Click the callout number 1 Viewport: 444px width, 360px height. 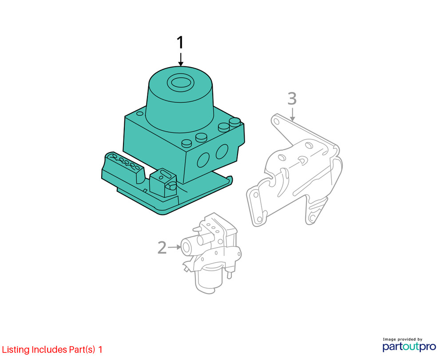tap(180, 43)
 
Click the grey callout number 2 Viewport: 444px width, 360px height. tap(162, 248)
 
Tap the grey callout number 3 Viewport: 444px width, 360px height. tap(292, 98)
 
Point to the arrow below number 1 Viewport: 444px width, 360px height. tap(181, 60)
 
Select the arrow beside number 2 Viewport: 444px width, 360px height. tap(174, 247)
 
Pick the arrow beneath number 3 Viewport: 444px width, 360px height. tap(293, 114)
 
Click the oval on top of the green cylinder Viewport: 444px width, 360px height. tap(180, 84)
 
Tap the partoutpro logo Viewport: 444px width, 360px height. tap(409, 346)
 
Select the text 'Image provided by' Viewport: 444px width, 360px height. tap(402, 339)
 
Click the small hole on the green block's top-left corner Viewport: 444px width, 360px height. tap(139, 114)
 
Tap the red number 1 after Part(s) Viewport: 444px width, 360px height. tap(100, 349)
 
